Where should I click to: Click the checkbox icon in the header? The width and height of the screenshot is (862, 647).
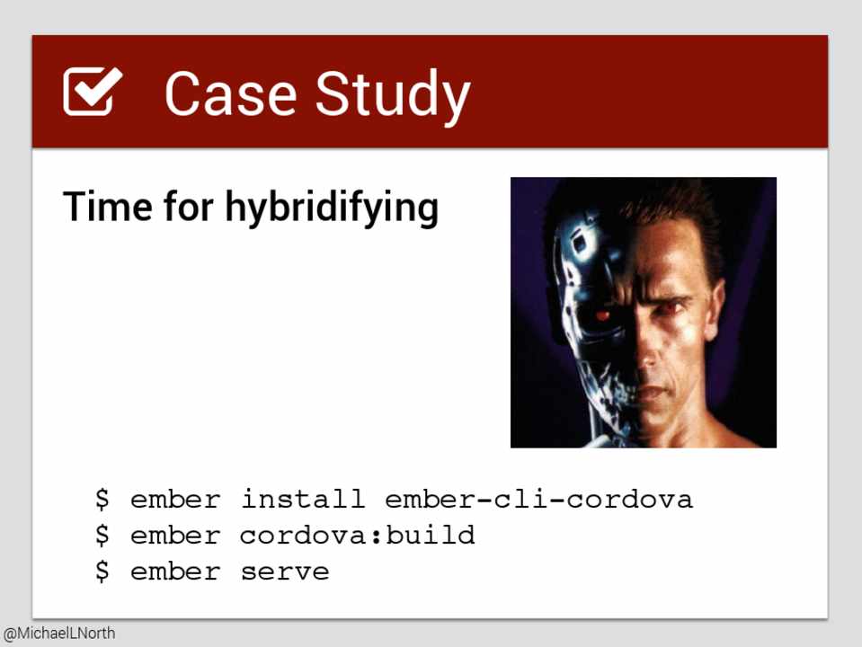tap(92, 92)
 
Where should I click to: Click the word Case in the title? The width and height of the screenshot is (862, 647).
tap(231, 93)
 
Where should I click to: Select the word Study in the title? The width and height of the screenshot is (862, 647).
tap(393, 97)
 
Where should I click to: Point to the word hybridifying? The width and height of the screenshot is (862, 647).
tap(332, 208)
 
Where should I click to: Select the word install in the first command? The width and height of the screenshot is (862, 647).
tap(303, 499)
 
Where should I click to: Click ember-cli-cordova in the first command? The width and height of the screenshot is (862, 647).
tap(538, 499)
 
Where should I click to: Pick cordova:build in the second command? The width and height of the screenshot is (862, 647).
tap(358, 535)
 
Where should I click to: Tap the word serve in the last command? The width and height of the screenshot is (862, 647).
tap(285, 572)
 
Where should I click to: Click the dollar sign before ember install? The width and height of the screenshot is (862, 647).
tap(102, 499)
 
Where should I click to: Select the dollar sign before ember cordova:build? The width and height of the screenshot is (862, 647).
tap(102, 535)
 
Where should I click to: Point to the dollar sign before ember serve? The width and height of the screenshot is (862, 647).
tap(102, 572)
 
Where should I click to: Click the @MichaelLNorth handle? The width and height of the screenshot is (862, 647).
tap(59, 634)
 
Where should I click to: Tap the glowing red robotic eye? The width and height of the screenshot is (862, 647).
tap(602, 315)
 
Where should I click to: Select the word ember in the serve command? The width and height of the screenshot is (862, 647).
tap(175, 572)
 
